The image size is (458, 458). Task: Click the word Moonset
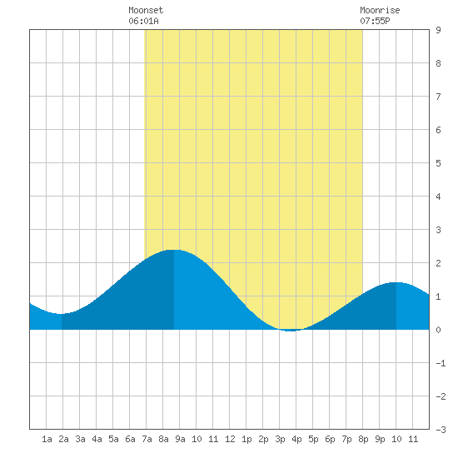[x=146, y=10]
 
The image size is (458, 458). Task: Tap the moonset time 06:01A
[x=143, y=21]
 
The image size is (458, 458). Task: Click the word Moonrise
[x=380, y=10]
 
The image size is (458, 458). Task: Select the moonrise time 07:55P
[x=375, y=21]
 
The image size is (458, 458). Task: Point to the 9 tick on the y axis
[x=438, y=30]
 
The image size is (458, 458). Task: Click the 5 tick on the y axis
[x=438, y=163]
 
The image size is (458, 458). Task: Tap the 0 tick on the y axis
[x=438, y=330]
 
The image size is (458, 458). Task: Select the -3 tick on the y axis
[x=441, y=430]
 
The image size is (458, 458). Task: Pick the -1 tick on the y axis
[x=441, y=363]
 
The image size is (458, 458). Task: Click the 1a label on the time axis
[x=47, y=439]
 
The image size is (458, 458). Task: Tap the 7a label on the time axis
[x=147, y=439]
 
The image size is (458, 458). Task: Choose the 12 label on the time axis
[x=230, y=439]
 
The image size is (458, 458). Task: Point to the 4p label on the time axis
[x=296, y=439]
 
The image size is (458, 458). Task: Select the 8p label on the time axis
[x=363, y=439]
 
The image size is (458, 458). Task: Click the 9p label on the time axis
[x=380, y=439]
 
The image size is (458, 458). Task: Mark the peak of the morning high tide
[x=174, y=250]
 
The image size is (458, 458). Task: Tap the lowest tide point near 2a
[x=62, y=314]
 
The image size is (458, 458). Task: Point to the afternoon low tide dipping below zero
[x=290, y=331]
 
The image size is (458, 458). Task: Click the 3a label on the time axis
[x=80, y=439]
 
